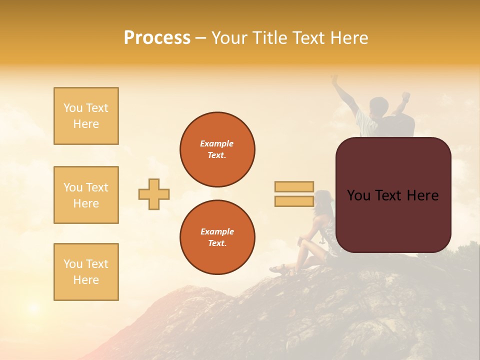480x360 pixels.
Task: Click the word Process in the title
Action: (x=157, y=38)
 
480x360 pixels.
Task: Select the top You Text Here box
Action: (x=86, y=116)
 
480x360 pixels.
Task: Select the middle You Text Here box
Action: (x=86, y=195)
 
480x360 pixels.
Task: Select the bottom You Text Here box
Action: (x=86, y=271)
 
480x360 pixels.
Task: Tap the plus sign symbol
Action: (x=154, y=194)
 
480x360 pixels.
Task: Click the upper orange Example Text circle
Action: (x=217, y=149)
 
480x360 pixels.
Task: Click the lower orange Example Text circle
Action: (x=217, y=237)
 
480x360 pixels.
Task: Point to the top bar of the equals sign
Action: (x=294, y=187)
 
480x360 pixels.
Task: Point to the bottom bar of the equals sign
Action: (x=294, y=201)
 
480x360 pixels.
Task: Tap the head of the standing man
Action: (x=378, y=106)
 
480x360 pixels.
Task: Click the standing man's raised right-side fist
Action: (x=406, y=95)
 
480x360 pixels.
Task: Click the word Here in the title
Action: (x=348, y=38)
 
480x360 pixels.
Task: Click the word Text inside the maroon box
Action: (x=393, y=195)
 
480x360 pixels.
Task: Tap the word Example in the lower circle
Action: (x=217, y=231)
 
